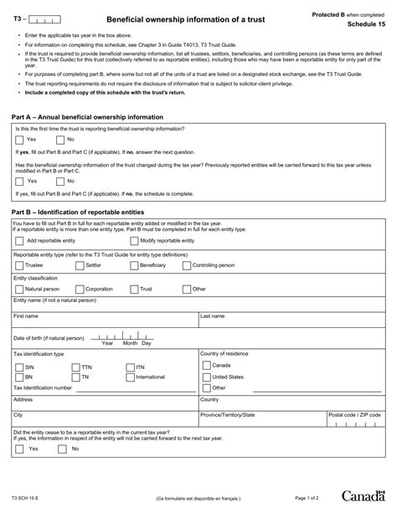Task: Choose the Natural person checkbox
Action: (x=20, y=289)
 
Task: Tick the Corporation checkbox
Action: (x=79, y=289)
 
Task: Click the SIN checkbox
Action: (x=19, y=367)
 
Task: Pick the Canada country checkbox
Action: (x=206, y=366)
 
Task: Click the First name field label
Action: (x=25, y=317)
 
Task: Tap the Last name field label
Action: (x=212, y=317)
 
